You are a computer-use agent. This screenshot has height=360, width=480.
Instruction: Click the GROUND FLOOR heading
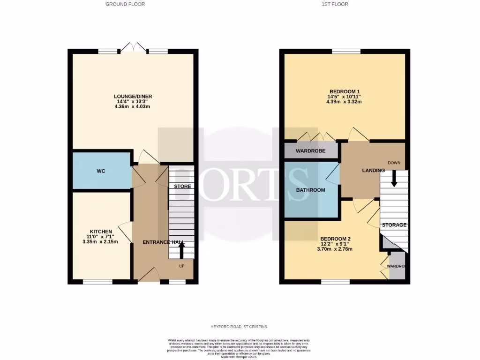pyautogui.click(x=125, y=4)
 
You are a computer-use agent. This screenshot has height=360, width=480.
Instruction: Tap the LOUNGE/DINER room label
pyautogui.click(x=133, y=97)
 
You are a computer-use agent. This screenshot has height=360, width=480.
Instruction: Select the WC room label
pyautogui.click(x=101, y=171)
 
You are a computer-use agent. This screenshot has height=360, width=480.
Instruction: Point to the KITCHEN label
pyautogui.click(x=101, y=232)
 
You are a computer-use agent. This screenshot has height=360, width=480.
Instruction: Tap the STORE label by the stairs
pyautogui.click(x=182, y=187)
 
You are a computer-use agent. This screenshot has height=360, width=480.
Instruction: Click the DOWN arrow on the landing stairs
pyautogui.click(x=394, y=178)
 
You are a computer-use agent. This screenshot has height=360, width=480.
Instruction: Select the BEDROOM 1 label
pyautogui.click(x=345, y=91)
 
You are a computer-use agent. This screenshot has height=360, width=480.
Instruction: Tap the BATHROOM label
pyautogui.click(x=310, y=190)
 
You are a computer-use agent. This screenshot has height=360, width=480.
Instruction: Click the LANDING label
pyautogui.click(x=373, y=170)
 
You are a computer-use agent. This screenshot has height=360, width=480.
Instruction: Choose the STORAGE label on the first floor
pyautogui.click(x=394, y=225)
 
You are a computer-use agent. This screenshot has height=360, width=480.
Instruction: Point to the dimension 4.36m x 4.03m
pyautogui.click(x=133, y=106)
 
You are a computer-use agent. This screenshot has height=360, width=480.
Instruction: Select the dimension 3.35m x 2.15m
pyautogui.click(x=101, y=242)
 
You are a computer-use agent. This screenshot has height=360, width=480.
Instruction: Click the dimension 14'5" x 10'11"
pyautogui.click(x=345, y=97)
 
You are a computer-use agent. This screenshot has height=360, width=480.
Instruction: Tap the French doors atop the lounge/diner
pyautogui.click(x=134, y=47)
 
